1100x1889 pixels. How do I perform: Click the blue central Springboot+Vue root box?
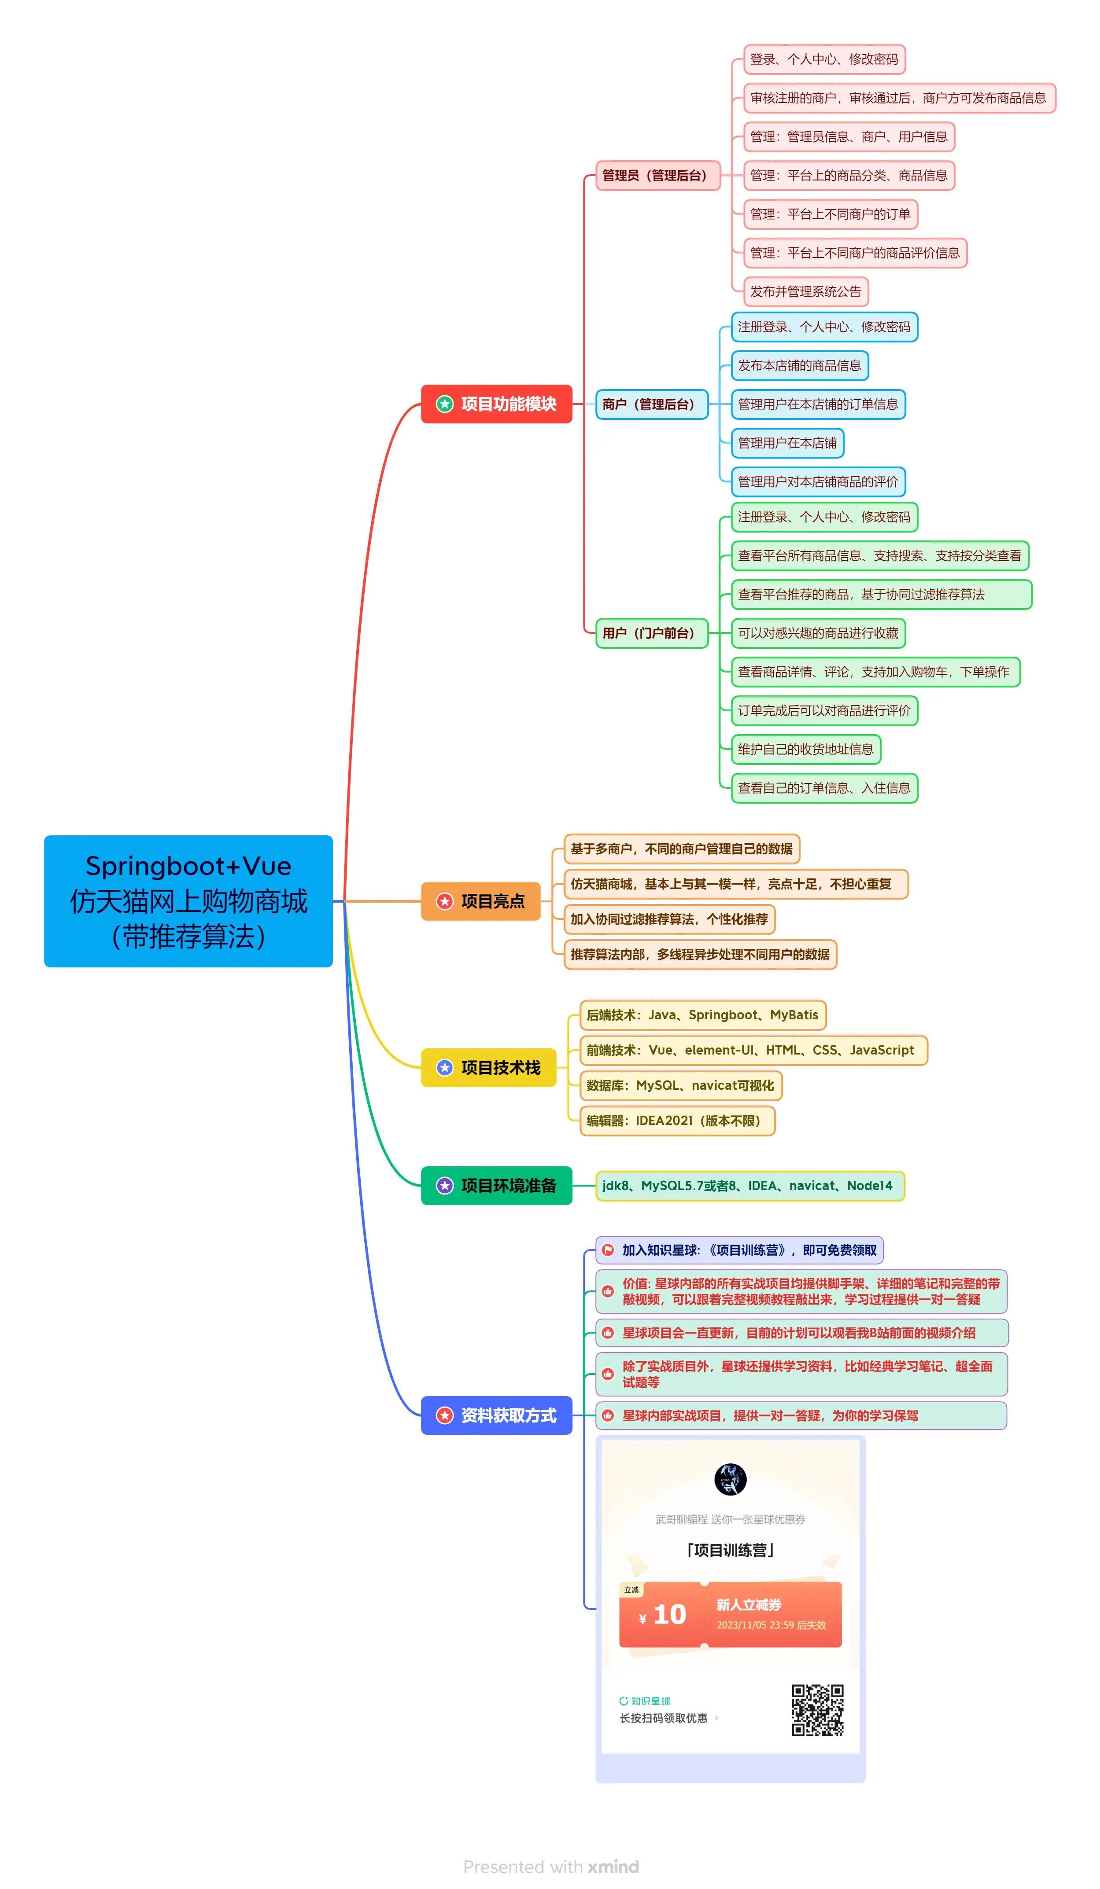coord(188,900)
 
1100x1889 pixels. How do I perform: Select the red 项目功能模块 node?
coord(496,404)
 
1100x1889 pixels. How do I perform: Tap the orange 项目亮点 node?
coord(480,900)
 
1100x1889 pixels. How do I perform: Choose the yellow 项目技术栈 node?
coord(488,1067)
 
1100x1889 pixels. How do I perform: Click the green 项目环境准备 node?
coord(496,1185)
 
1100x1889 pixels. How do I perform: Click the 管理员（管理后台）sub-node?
coord(657,176)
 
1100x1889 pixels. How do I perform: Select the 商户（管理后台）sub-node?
coord(651,404)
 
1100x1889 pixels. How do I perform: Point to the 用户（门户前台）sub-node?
coord(651,632)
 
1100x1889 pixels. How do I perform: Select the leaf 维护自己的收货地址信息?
coord(805,749)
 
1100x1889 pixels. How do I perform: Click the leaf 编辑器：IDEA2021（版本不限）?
coord(676,1120)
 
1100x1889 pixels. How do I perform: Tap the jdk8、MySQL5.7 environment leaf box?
coord(749,1185)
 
